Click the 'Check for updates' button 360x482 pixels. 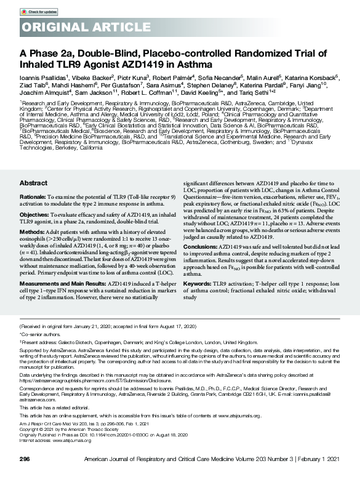(x=40, y=12)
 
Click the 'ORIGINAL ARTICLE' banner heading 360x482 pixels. (x=78, y=28)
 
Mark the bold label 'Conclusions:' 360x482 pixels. (x=201, y=280)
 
